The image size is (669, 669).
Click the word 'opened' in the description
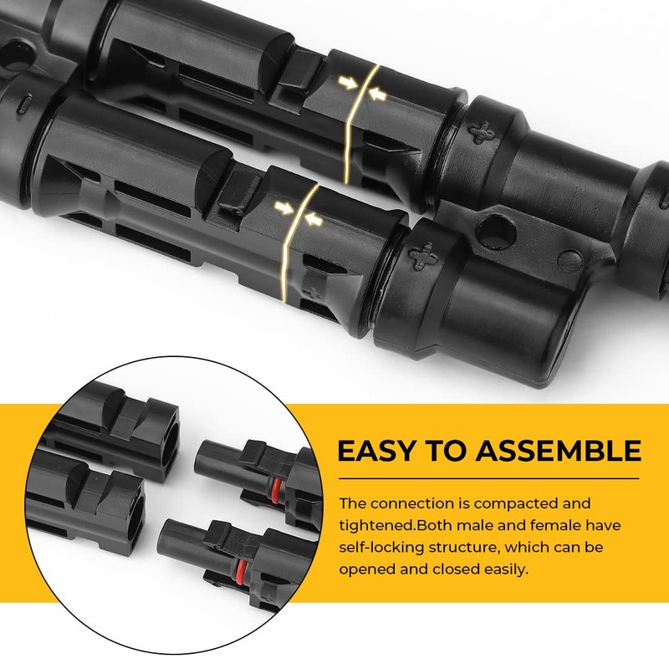point(369,569)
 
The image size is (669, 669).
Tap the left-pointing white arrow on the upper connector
point(379,97)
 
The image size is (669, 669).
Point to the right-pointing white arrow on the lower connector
point(281,204)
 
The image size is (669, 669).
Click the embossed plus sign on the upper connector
point(482,130)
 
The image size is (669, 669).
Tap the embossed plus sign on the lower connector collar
point(425,255)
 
